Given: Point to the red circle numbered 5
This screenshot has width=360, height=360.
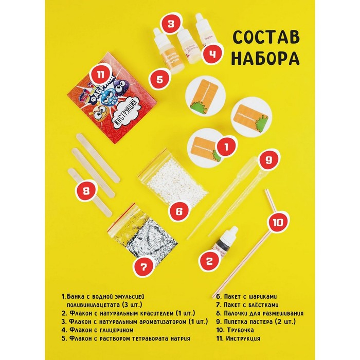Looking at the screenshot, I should (x=159, y=80).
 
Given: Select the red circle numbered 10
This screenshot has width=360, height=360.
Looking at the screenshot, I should (x=278, y=223).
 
